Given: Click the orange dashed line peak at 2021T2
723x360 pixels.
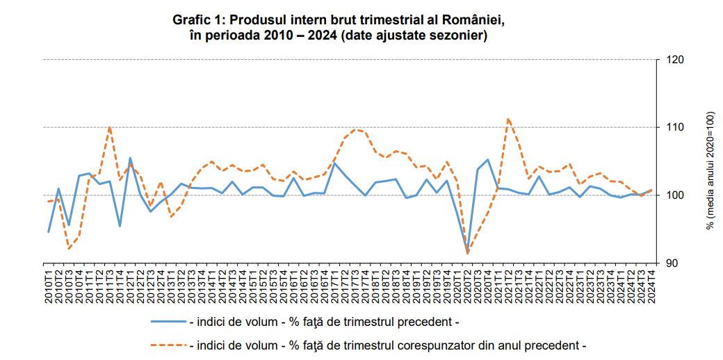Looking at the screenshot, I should click(x=508, y=119).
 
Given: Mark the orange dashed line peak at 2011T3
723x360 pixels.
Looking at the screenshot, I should click(x=110, y=127).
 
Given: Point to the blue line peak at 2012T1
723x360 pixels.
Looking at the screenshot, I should click(x=130, y=158).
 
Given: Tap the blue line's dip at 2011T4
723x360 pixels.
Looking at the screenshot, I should click(x=120, y=226).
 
